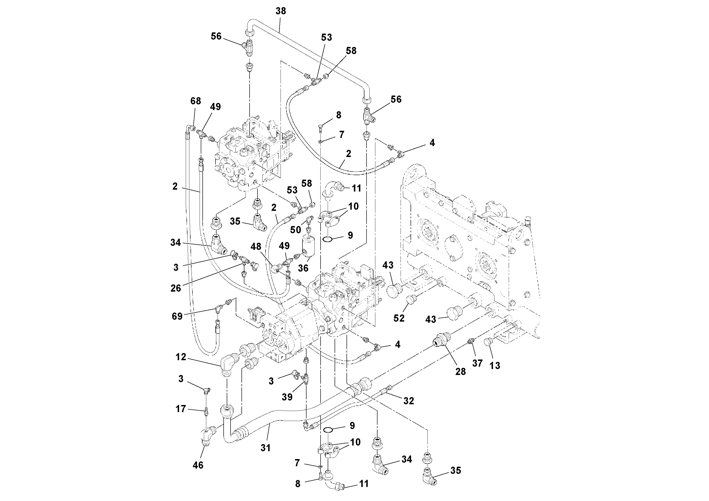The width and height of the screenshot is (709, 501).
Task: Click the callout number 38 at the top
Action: [x=281, y=11]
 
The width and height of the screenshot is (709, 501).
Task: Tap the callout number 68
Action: [x=196, y=101]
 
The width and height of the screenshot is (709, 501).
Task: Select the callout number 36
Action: [x=303, y=268]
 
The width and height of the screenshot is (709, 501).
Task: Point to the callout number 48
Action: [x=256, y=247]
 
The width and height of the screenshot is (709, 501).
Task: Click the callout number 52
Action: [x=399, y=318]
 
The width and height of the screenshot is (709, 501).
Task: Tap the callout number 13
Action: [x=495, y=366]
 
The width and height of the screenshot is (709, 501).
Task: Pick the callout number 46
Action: [x=198, y=465]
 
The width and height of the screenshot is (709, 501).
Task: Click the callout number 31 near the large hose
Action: [x=266, y=448]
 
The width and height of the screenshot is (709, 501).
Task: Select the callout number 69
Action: [x=177, y=316]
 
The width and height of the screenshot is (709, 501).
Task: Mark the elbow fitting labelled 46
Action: [x=208, y=435]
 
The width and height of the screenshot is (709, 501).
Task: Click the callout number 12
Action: [x=181, y=357]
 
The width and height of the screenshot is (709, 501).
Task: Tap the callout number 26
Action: [x=176, y=288]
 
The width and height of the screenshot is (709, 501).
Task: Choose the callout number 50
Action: [x=296, y=230]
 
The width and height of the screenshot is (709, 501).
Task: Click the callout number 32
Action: [x=408, y=401]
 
